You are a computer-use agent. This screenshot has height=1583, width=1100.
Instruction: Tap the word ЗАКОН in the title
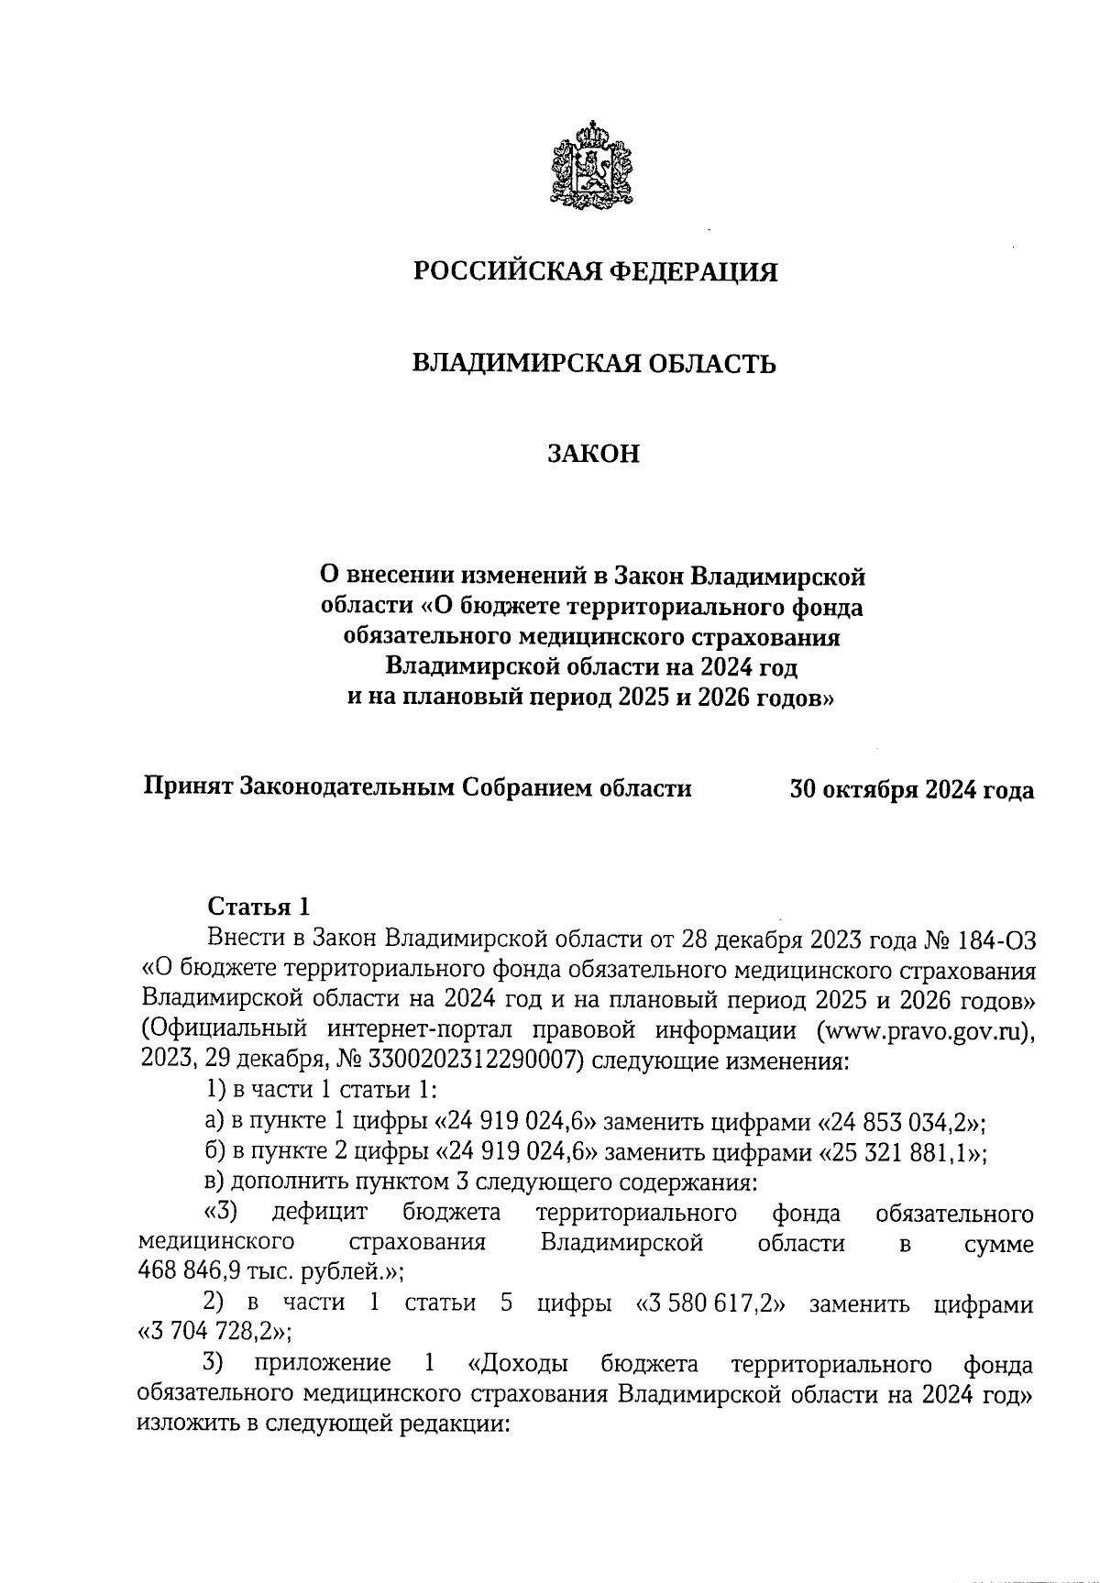click(x=593, y=455)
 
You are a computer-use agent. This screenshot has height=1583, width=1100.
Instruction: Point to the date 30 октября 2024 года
click(x=912, y=789)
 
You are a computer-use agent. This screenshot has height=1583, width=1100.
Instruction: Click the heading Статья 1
click(x=259, y=907)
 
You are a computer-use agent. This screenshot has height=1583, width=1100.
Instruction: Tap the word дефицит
click(x=320, y=1214)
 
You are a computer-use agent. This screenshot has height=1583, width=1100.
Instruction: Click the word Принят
click(x=187, y=788)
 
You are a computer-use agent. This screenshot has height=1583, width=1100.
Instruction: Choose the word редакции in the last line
click(x=451, y=1424)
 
